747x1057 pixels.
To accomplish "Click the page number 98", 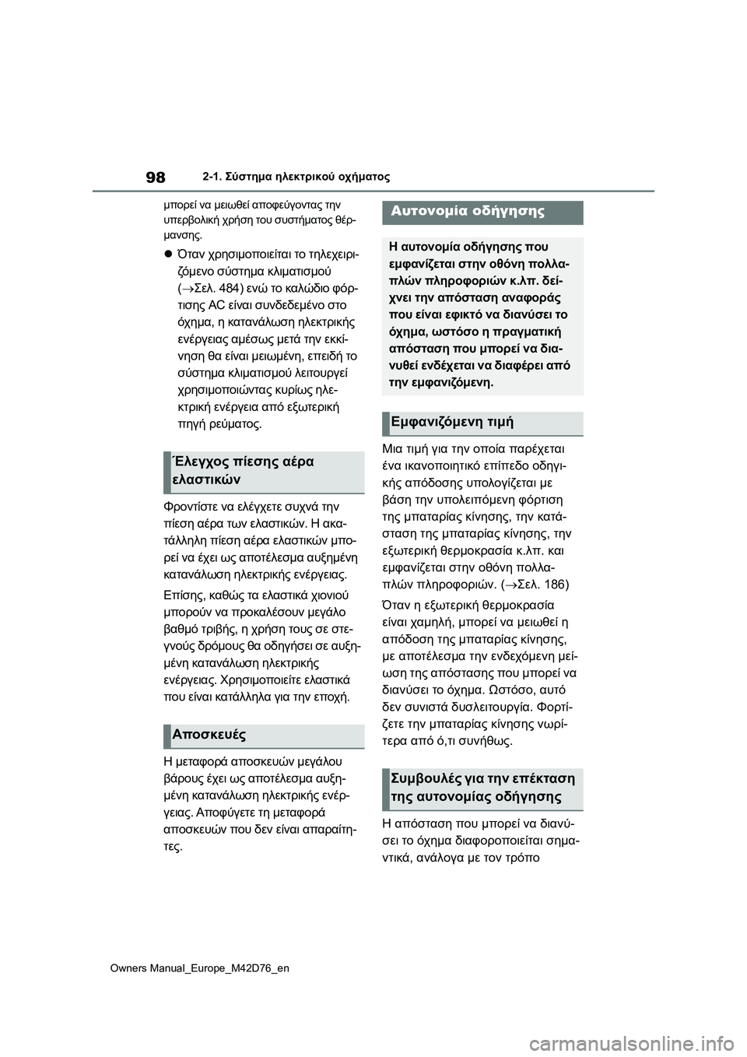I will [155, 177].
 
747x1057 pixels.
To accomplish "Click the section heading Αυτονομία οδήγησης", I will [467, 211].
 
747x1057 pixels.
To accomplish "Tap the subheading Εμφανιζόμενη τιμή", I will [452, 422].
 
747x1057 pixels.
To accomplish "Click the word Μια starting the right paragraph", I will [395, 449].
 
